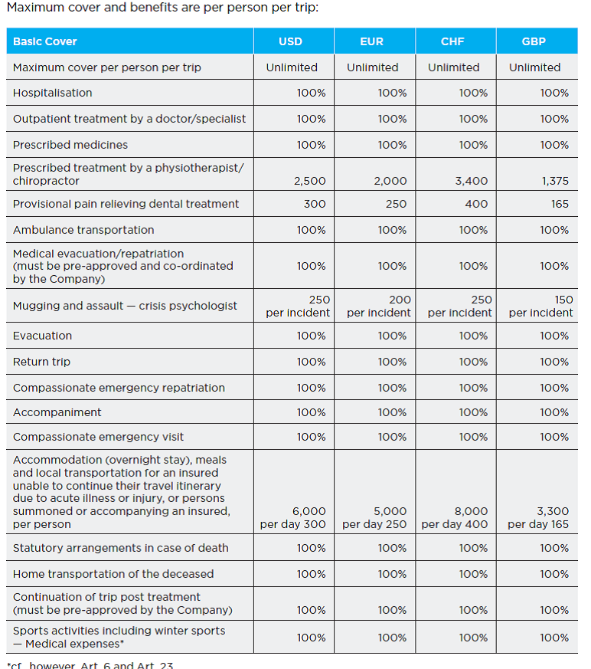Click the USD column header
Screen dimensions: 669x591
290,41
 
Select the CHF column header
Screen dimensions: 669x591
452,41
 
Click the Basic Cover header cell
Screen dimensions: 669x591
45,41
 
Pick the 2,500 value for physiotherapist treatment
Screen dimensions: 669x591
309,182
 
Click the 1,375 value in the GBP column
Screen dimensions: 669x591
552,182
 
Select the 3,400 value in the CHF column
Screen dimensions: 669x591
471,182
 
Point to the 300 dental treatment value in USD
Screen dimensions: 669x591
314,204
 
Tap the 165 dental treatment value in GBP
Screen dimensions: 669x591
559,204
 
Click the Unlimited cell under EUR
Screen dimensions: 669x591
372,67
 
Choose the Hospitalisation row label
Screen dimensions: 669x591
52,93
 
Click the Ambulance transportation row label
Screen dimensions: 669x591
83,230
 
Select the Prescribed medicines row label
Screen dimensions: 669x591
70,145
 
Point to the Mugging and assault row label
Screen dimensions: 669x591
125,306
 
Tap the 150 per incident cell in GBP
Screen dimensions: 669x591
540,306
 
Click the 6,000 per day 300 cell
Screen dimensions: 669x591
293,517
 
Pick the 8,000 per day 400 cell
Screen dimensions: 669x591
455,517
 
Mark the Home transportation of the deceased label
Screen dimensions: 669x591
113,574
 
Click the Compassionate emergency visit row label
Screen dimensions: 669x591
98,437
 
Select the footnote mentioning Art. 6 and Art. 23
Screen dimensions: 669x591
90,664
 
